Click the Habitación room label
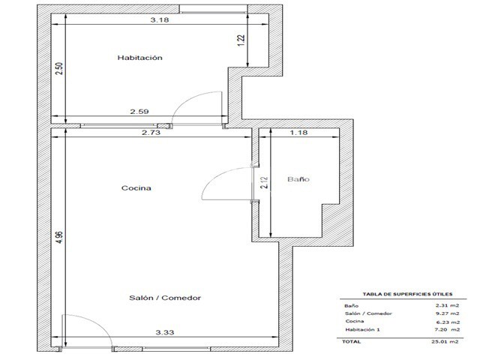pyautogui.click(x=140, y=58)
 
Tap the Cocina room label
pyautogui.click(x=136, y=188)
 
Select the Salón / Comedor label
pyautogui.click(x=165, y=298)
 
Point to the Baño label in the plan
pyautogui.click(x=298, y=179)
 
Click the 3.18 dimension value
pyautogui.click(x=160, y=20)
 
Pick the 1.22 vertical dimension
pyautogui.click(x=241, y=40)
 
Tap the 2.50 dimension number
pyautogui.click(x=59, y=68)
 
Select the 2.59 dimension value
pyautogui.click(x=139, y=112)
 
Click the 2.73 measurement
pyautogui.click(x=151, y=133)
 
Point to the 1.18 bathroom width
pyautogui.click(x=298, y=133)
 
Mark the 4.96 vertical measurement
pyautogui.click(x=59, y=237)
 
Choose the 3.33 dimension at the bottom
pyautogui.click(x=165, y=332)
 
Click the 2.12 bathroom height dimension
pyautogui.click(x=264, y=183)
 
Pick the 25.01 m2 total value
pyautogui.click(x=445, y=342)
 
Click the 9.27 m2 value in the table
pyautogui.click(x=447, y=313)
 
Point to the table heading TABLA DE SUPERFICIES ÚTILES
pyautogui.click(x=407, y=294)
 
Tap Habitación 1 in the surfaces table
pyautogui.click(x=362, y=330)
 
